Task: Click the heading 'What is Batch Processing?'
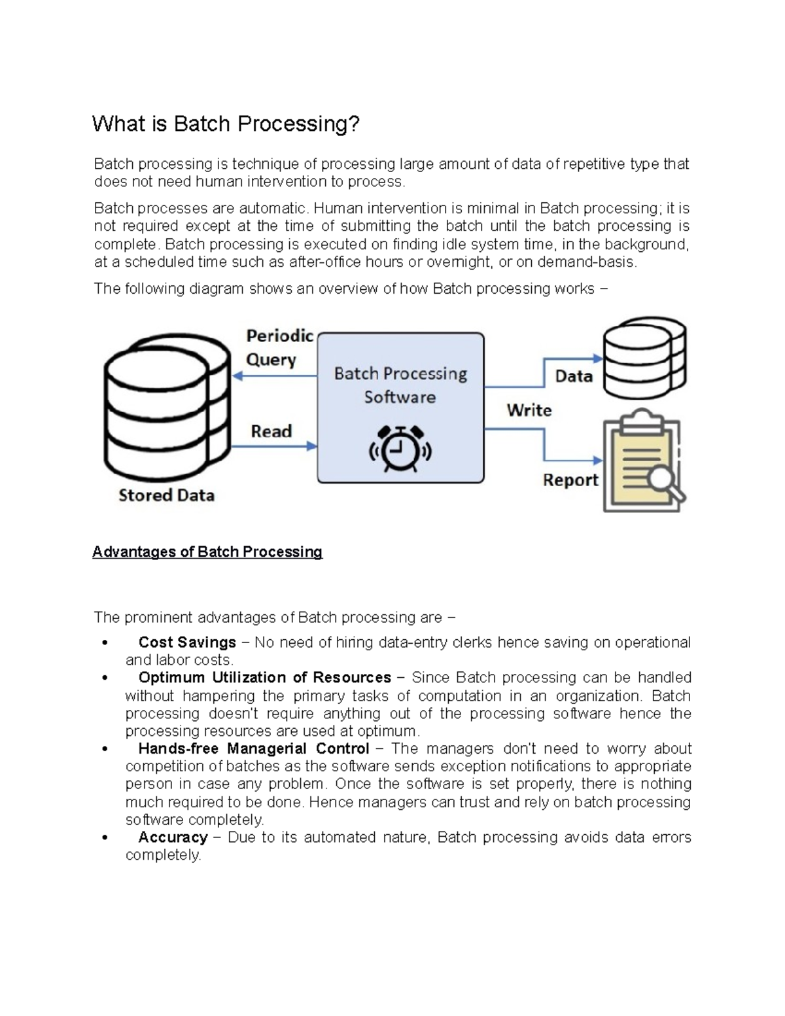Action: tap(226, 124)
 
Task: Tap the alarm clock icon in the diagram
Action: tap(400, 449)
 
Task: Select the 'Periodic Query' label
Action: tap(279, 347)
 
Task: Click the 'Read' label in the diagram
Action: tap(271, 431)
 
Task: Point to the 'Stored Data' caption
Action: tap(166, 495)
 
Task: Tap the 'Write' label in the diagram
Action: tap(529, 410)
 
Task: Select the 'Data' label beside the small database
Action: tap(574, 376)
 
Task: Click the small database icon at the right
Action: tap(644, 359)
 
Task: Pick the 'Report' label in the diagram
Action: tap(570, 480)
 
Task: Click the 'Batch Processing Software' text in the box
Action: tap(400, 385)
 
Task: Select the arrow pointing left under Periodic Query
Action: tap(275, 376)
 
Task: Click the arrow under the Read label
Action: tap(275, 447)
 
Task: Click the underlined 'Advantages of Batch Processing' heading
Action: tap(207, 552)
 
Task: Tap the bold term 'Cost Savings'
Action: tap(187, 642)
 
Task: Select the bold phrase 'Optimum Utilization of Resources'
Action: tap(264, 678)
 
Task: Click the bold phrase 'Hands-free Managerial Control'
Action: tap(254, 748)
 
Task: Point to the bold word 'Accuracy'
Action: tap(173, 837)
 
